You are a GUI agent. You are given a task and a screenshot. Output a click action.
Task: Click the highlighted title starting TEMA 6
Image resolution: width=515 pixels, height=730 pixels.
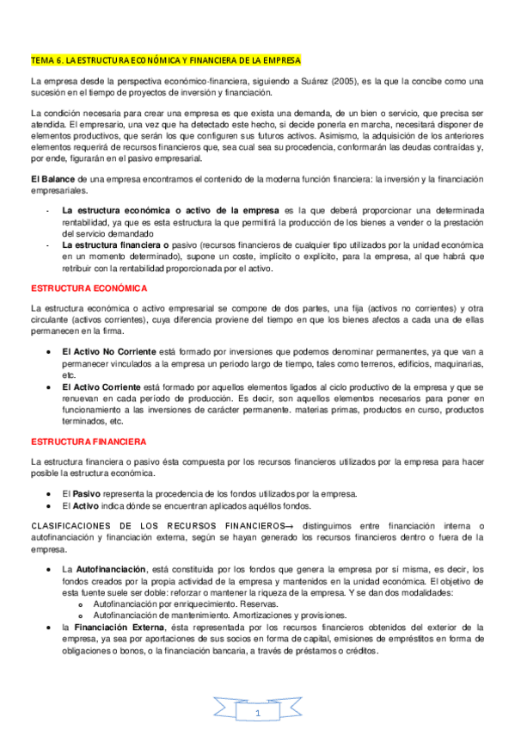pyautogui.click(x=165, y=61)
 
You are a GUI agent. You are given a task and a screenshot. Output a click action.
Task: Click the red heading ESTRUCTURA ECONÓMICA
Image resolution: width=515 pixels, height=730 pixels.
pyautogui.click(x=89, y=288)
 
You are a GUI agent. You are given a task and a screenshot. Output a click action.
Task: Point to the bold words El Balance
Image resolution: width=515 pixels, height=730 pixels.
pyautogui.click(x=53, y=178)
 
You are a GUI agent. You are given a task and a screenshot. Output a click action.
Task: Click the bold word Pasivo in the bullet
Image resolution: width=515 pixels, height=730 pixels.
pyautogui.click(x=86, y=493)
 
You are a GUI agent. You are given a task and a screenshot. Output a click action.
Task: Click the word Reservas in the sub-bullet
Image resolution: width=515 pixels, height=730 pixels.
pyautogui.click(x=244, y=581)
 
